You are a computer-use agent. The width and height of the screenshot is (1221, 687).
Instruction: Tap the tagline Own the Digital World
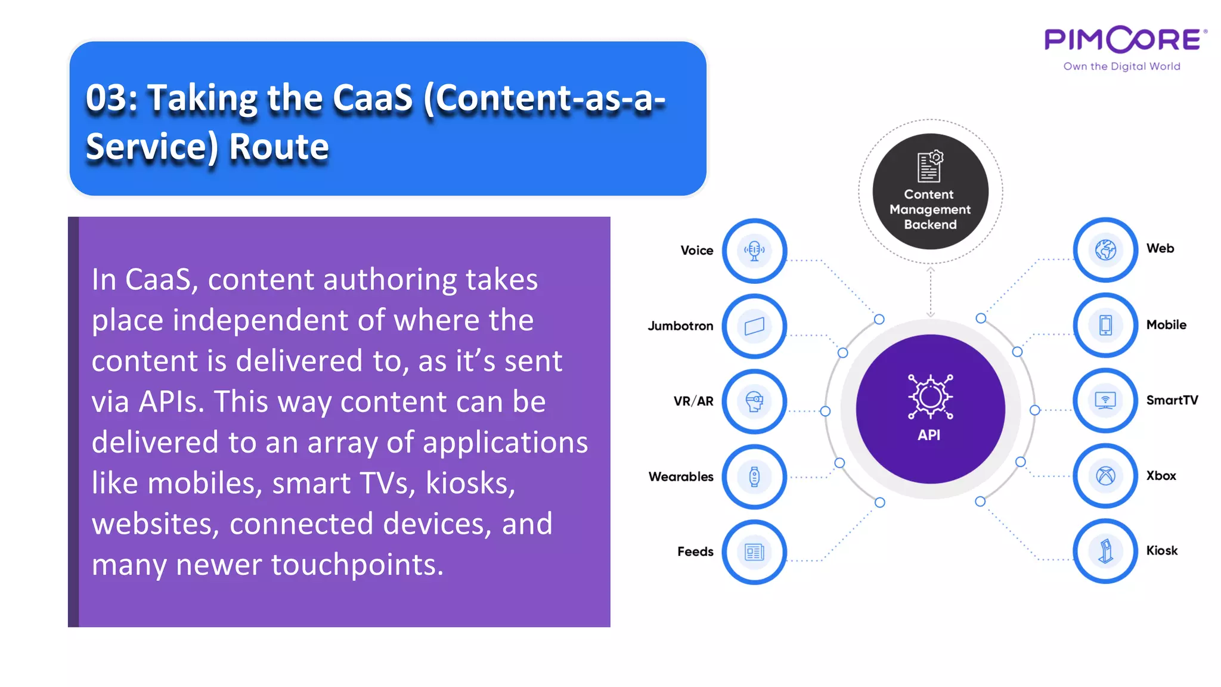click(x=1121, y=66)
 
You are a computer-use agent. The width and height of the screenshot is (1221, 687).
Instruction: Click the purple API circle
click(x=930, y=409)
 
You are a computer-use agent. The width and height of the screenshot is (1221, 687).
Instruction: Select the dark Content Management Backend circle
click(x=930, y=191)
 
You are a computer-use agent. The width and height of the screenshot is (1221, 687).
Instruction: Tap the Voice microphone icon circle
click(x=754, y=250)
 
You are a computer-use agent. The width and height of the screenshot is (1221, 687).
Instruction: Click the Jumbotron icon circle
click(x=754, y=326)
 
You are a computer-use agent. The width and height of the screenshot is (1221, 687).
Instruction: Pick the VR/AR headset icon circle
click(x=754, y=401)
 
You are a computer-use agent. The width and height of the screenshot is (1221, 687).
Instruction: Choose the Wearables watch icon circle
click(x=754, y=476)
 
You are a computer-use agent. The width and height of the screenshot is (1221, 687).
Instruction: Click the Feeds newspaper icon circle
click(x=754, y=552)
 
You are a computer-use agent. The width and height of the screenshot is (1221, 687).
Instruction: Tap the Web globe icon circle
click(x=1105, y=249)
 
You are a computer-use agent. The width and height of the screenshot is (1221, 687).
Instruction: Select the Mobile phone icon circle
click(x=1105, y=325)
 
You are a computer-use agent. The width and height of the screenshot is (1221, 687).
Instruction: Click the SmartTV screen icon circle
click(x=1105, y=400)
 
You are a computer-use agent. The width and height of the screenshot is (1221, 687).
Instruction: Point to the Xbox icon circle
click(x=1105, y=476)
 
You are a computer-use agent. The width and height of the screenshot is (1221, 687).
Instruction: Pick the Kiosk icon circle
click(x=1105, y=551)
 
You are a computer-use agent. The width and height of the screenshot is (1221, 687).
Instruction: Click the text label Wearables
click(x=681, y=476)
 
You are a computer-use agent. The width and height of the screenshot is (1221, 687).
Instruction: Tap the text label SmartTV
click(x=1172, y=400)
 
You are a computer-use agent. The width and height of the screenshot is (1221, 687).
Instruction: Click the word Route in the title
click(x=279, y=147)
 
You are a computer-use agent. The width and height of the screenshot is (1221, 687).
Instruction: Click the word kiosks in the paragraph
click(x=470, y=483)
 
